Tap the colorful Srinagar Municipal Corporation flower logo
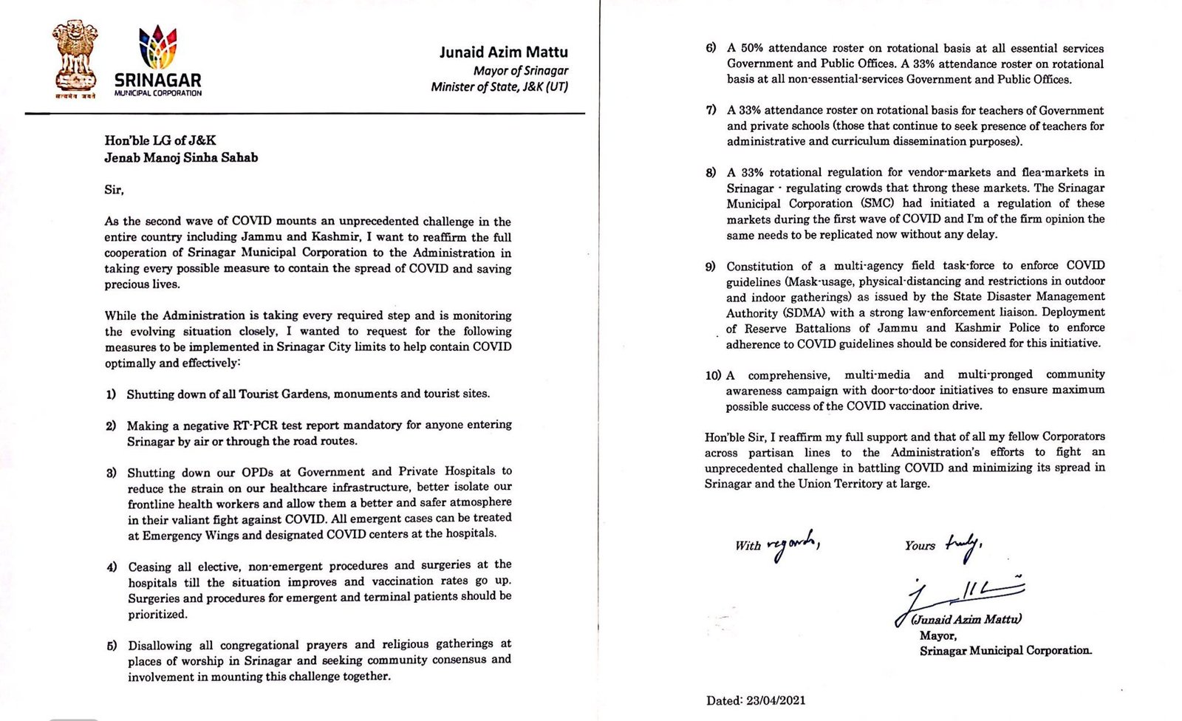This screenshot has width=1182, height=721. pos(158,47)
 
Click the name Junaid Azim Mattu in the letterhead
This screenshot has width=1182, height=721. pos(503,52)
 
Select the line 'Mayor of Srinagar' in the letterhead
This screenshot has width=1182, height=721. pos(521,70)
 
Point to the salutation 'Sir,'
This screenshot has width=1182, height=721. pos(114,190)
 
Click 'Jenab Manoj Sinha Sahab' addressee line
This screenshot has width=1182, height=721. pos(181,157)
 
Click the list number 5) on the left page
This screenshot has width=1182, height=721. pos(112,646)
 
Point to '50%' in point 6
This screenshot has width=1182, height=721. pos(756,48)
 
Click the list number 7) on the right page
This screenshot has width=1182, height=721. pos(711,110)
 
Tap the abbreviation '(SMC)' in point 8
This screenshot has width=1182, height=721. pos(878,203)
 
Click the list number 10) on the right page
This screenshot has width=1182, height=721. pos(713,375)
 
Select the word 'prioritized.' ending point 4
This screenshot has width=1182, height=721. pos(157,614)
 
